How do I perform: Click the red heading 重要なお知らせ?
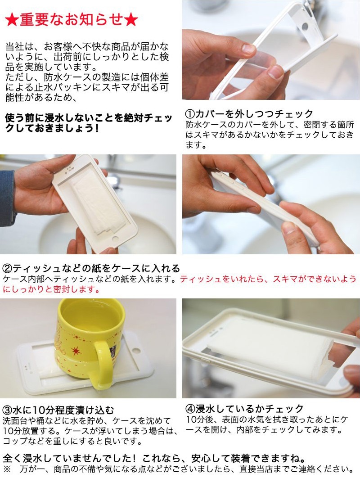click(72, 20)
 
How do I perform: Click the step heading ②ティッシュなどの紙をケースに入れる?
click(91, 268)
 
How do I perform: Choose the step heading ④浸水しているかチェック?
click(244, 408)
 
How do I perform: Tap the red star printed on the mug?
click(76, 351)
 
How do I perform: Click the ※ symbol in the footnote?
click(7, 469)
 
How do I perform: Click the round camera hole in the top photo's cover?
click(305, 27)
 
